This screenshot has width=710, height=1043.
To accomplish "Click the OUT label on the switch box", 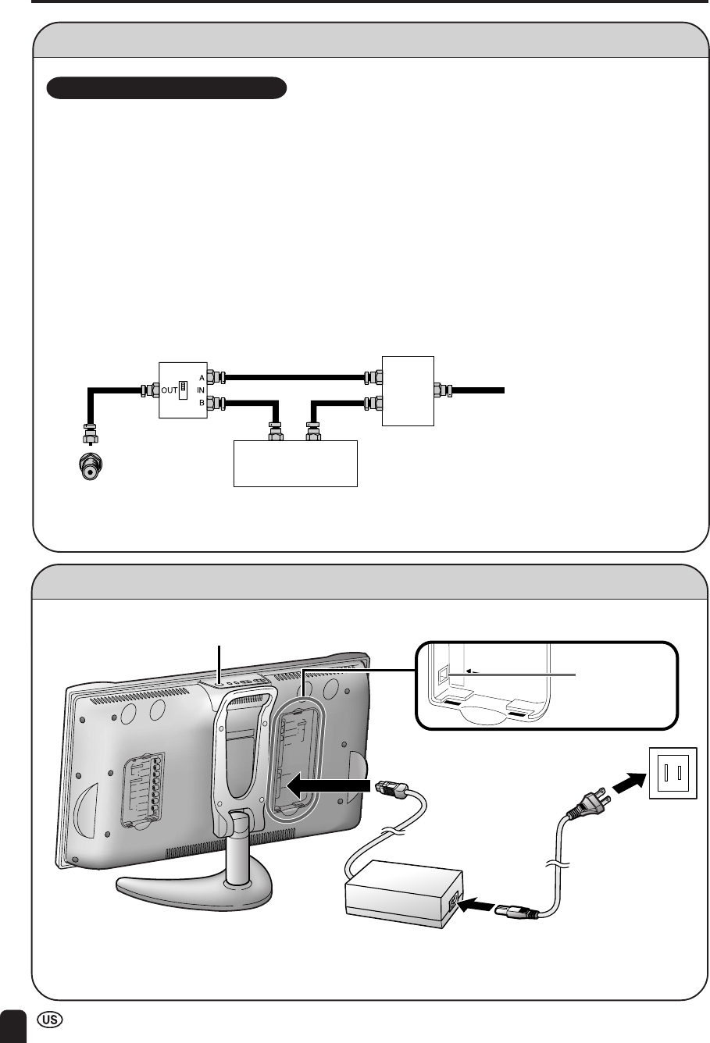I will pyautogui.click(x=169, y=388).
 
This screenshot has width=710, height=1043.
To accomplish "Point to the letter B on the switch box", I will pyautogui.click(x=201, y=402).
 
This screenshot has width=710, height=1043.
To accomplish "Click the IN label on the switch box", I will pyautogui.click(x=201, y=389).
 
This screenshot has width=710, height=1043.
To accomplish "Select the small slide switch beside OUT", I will pyautogui.click(x=184, y=388).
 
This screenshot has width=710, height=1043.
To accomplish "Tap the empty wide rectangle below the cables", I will pyautogui.click(x=296, y=464).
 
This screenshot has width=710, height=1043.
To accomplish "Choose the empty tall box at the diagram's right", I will pyautogui.click(x=407, y=390).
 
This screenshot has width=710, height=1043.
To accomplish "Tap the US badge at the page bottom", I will pyautogui.click(x=49, y=1022).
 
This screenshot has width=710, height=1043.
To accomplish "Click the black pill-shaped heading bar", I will pyautogui.click(x=167, y=88).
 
